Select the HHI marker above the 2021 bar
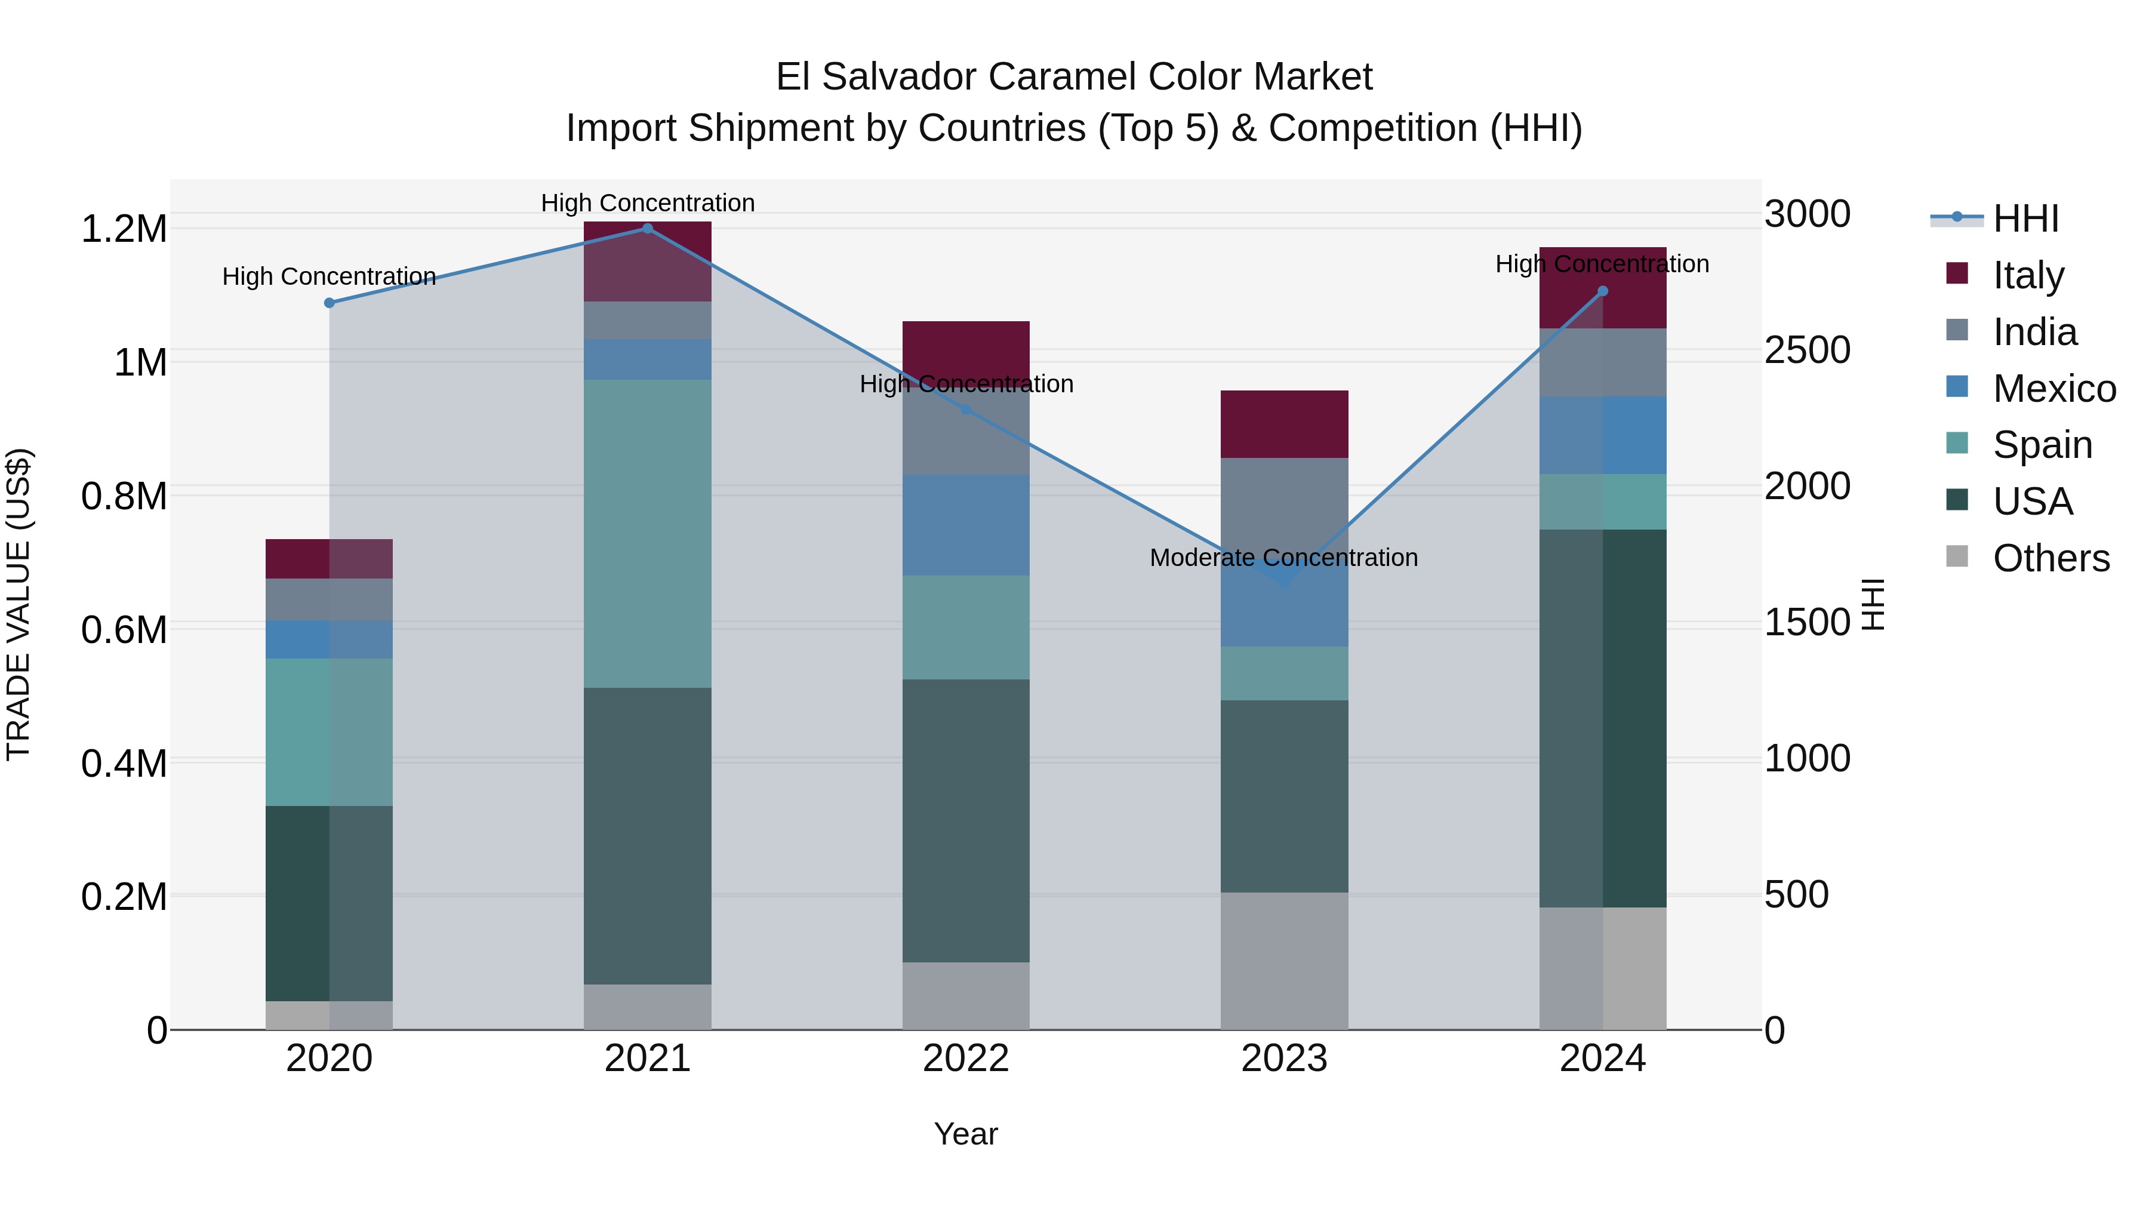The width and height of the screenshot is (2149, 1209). tap(647, 229)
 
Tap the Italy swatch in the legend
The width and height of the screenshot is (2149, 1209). tap(1956, 273)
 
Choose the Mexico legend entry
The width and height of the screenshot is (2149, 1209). tap(2053, 389)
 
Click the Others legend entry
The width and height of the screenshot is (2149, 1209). tap(2050, 558)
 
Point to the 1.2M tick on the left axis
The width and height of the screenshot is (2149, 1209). tap(124, 229)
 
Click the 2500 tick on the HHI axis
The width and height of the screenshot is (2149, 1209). tap(1807, 350)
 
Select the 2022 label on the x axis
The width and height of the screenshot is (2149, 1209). tap(965, 1059)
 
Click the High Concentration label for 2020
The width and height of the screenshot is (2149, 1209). tap(329, 276)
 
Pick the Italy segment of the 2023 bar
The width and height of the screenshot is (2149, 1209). tap(1284, 424)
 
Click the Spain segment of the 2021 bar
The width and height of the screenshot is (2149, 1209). tap(647, 534)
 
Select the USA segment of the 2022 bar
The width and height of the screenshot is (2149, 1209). tap(965, 820)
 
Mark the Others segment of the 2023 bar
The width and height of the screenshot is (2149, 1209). tap(1284, 961)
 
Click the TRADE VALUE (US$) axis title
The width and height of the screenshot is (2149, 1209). tap(19, 604)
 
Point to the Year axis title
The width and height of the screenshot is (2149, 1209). tap(965, 1134)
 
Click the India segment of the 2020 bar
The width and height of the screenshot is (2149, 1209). tap(329, 599)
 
